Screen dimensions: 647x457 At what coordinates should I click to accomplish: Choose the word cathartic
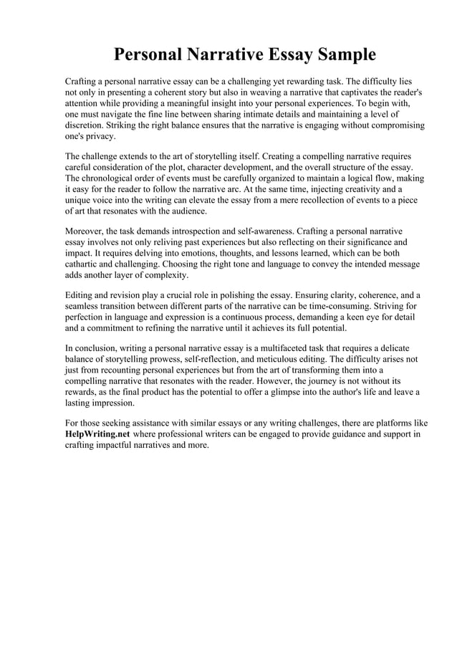point(86,264)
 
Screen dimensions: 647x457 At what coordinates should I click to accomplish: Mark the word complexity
point(164,274)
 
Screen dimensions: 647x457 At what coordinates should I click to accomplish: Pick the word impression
point(107,403)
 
